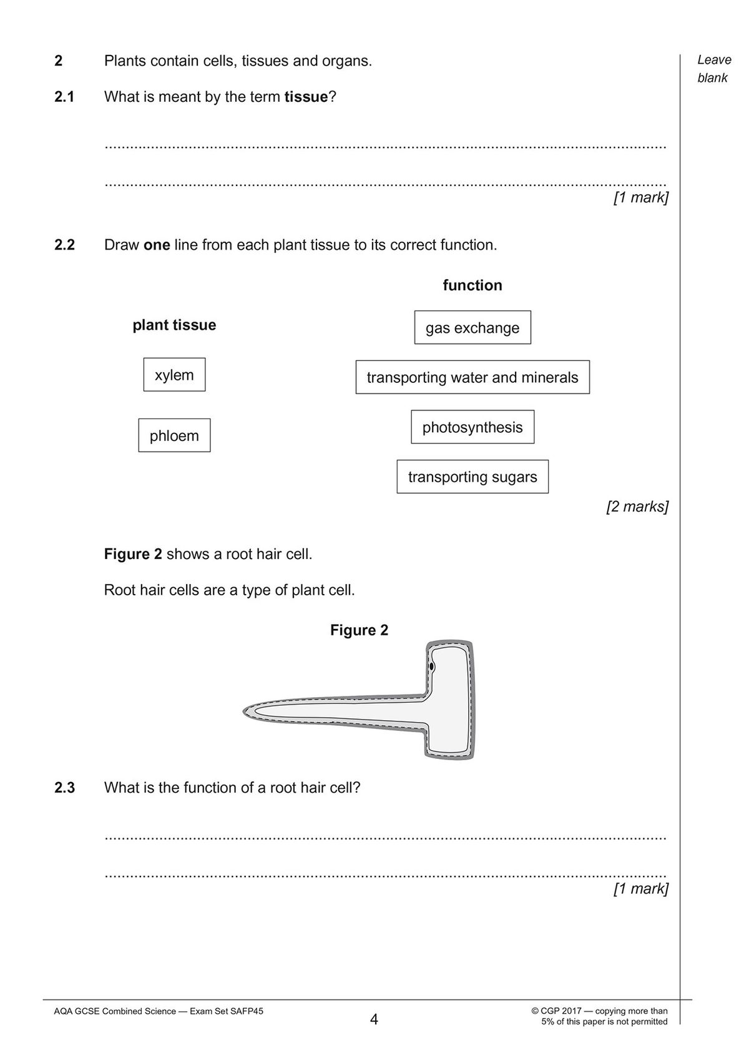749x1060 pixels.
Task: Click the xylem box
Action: [x=174, y=375]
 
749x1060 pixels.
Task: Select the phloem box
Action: [x=174, y=435]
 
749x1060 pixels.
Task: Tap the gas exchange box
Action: [x=472, y=327]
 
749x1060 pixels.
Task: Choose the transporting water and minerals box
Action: [x=472, y=377]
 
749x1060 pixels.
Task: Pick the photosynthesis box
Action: [x=472, y=427]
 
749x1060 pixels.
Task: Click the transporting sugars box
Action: [x=472, y=477]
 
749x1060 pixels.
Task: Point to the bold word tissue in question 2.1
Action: [x=306, y=97]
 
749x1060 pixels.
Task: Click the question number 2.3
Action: [x=64, y=788]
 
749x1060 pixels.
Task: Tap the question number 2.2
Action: [x=64, y=245]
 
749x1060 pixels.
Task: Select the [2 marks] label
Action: [x=637, y=507]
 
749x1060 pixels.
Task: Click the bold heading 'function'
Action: [x=472, y=285]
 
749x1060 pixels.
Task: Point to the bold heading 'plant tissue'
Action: [x=174, y=325]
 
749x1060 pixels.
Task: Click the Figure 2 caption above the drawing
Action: [x=359, y=630]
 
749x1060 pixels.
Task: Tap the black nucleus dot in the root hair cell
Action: [x=431, y=667]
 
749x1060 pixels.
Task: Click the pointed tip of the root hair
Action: [x=245, y=711]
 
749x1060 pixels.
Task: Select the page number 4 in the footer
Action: [x=374, y=1020]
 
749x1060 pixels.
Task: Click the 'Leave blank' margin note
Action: [x=713, y=69]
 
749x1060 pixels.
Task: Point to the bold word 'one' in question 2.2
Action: [x=157, y=245]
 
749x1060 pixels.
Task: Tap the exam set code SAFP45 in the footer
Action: [x=245, y=1011]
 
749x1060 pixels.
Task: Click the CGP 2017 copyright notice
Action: [x=599, y=1016]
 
